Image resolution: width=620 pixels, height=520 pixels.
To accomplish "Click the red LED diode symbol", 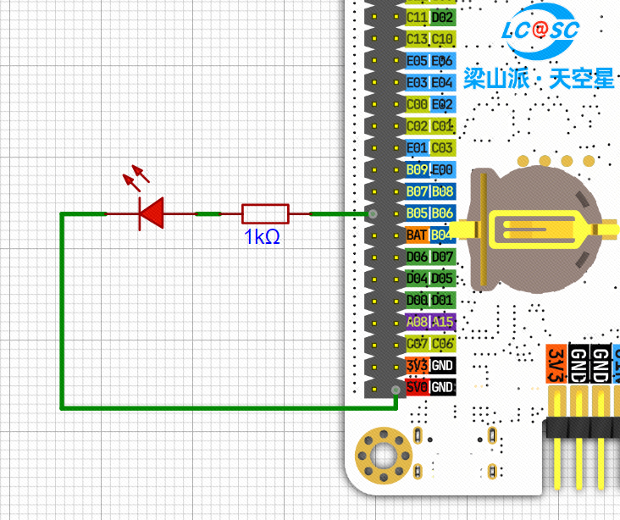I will click(151, 213).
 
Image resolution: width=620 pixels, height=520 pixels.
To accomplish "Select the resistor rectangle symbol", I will click(265, 213).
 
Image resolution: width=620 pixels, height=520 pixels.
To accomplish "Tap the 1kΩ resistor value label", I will click(262, 237).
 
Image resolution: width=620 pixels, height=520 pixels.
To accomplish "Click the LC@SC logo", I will click(540, 30).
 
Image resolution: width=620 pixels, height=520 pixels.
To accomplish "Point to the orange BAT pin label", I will click(417, 235).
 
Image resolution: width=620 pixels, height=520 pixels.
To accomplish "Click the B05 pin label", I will click(417, 213).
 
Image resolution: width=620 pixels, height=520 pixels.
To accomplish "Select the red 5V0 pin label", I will click(417, 387).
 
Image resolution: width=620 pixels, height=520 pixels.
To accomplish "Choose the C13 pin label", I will click(417, 39).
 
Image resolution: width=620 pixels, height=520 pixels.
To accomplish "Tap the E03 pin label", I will click(417, 82).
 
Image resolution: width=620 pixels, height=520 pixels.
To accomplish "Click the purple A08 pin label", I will click(417, 322).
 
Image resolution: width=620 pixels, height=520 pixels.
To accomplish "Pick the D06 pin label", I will click(417, 257).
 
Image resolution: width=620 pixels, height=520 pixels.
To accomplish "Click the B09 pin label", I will click(417, 169).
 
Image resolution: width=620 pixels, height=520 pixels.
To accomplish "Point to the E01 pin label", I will click(417, 147).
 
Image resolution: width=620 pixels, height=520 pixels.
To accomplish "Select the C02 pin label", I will click(417, 126).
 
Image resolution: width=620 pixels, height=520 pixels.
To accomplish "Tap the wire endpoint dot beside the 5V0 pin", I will click(396, 389).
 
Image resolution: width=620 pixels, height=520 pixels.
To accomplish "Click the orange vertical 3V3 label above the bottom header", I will click(556, 363).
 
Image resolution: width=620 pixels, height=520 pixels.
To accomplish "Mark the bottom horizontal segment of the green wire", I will click(229, 407).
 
